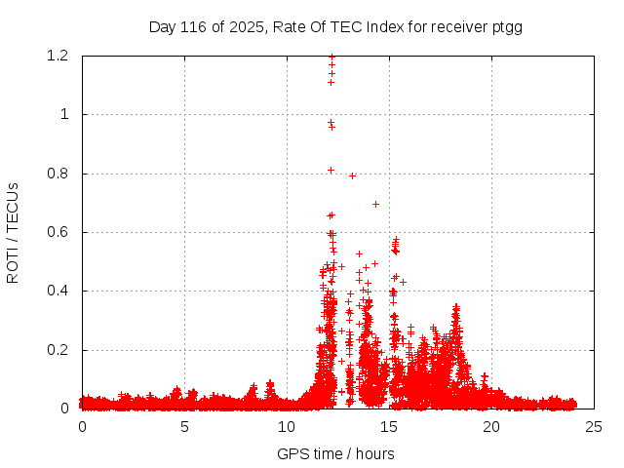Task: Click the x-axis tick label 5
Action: [184, 426]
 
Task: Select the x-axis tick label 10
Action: [287, 426]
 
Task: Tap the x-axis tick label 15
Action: [389, 426]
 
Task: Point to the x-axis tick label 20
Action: [491, 426]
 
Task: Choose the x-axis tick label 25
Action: [594, 426]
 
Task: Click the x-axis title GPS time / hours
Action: [335, 453]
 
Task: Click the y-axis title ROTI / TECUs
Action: [13, 233]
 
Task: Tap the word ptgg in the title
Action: [507, 27]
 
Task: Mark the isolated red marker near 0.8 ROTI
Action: [352, 175]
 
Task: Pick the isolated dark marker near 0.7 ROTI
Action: [375, 204]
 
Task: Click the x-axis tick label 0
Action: [82, 426]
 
